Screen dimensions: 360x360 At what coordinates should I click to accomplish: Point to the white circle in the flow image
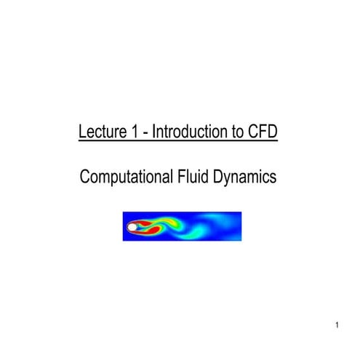132,228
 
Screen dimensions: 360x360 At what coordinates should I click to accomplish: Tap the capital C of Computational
84,176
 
